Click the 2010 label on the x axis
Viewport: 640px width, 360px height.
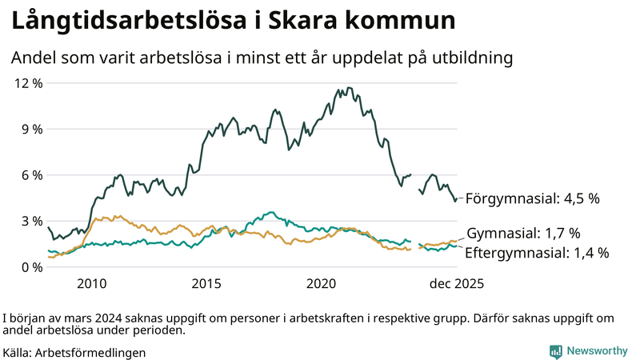click(x=91, y=283)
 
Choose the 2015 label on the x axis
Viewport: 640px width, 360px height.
click(x=206, y=283)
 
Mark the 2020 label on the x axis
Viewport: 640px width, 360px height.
click(x=322, y=283)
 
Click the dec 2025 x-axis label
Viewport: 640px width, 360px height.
click(x=456, y=283)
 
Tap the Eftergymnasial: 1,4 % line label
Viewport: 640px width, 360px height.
click(x=537, y=253)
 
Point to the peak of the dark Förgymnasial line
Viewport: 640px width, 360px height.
click(x=349, y=88)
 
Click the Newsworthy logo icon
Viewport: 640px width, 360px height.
click(x=555, y=350)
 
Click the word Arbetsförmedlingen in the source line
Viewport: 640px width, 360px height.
click(x=90, y=351)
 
